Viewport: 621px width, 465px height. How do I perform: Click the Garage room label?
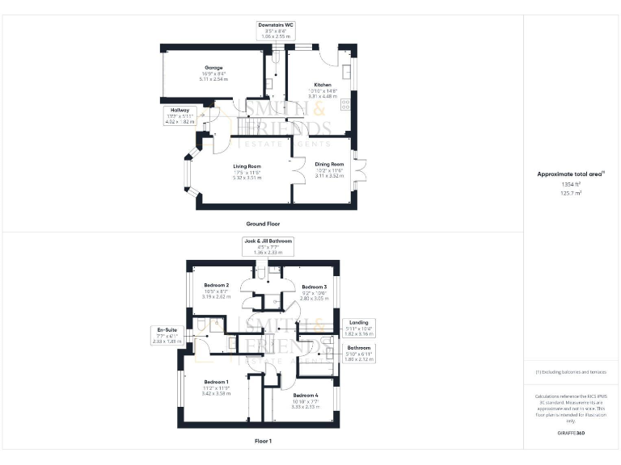click(213, 68)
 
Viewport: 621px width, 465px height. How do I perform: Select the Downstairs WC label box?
click(276, 31)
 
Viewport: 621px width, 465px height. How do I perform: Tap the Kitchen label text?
click(323, 84)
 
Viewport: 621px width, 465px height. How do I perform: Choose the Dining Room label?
click(330, 164)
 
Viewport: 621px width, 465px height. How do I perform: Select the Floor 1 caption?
click(263, 442)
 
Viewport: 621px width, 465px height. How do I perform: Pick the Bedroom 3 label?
click(315, 287)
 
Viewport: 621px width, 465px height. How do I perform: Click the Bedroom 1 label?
click(216, 382)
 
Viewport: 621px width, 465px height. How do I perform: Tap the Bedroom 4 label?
click(306, 396)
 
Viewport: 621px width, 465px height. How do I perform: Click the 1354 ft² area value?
click(571, 185)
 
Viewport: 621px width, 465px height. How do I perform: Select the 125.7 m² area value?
click(571, 194)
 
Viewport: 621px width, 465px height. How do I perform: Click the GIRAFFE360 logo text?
click(571, 434)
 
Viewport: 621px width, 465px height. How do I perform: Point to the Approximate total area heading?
click(570, 174)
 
